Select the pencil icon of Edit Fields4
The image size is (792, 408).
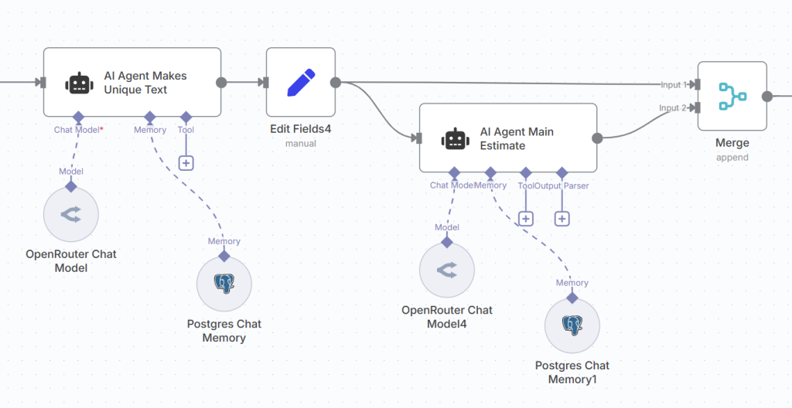click(301, 83)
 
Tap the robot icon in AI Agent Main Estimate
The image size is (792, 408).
click(455, 138)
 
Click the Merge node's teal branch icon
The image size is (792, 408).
click(732, 97)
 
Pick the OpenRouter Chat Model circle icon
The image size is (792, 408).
click(71, 214)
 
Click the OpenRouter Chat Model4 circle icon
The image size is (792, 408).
click(447, 270)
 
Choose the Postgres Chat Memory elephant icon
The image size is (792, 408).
click(224, 284)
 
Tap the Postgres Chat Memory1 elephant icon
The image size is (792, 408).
click(572, 325)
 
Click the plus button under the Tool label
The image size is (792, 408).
click(186, 162)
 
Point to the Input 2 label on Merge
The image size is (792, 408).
click(673, 108)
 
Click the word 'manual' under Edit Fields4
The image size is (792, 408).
click(301, 143)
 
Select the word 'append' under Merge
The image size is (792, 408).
click(732, 157)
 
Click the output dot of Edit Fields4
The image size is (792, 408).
click(336, 83)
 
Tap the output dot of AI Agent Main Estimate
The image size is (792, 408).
click(597, 138)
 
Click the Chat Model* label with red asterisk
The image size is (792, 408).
click(79, 130)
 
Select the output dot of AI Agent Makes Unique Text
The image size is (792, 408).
click(221, 83)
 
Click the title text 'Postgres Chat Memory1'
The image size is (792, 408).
click(572, 372)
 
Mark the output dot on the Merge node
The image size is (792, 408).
click(767, 97)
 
